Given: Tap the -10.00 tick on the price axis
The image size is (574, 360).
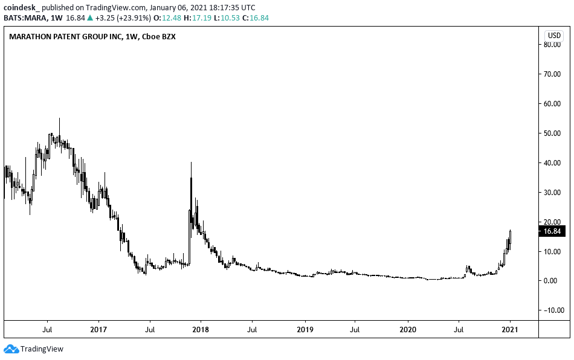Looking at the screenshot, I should click(552, 310).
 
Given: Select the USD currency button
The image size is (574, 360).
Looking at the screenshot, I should click(553, 35).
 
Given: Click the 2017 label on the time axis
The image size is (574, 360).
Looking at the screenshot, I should click(98, 330).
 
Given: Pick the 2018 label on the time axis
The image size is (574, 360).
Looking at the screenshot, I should click(201, 330).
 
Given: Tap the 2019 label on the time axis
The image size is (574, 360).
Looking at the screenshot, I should click(305, 330).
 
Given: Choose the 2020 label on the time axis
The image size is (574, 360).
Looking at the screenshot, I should click(408, 330).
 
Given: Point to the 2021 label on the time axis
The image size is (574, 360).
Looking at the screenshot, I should click(511, 330).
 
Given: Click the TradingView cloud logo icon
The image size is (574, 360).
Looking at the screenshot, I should click(11, 349).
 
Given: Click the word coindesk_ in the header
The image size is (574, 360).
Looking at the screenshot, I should click(21, 8).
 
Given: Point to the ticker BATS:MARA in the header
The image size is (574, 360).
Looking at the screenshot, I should click(23, 18).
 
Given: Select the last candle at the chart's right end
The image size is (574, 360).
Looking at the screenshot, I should click(511, 239).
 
